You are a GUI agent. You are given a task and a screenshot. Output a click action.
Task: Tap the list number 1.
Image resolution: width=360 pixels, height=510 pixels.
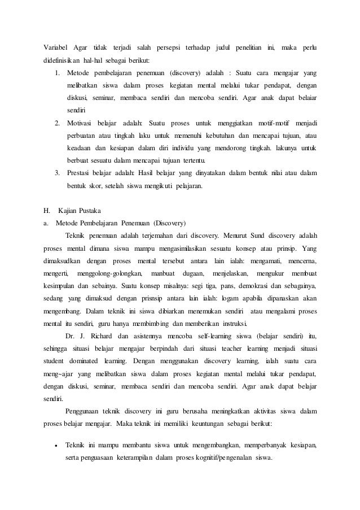click(57, 73)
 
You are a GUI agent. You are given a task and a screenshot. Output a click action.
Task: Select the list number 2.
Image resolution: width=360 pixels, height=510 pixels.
click(57, 123)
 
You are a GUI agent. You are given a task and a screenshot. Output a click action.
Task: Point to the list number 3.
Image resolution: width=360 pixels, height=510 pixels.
click(57, 172)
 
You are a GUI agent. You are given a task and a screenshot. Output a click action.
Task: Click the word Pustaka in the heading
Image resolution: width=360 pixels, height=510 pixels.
click(88, 210)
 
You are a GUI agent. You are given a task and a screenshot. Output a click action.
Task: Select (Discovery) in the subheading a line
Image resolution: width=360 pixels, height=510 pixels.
click(173, 223)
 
